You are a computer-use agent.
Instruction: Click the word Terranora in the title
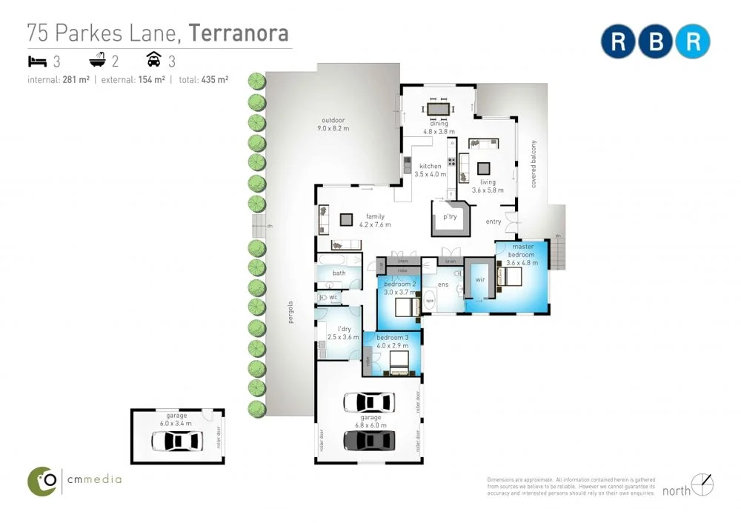tap(238, 33)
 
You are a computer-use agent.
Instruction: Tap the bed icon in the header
tap(37, 61)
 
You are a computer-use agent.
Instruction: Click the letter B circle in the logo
tap(655, 41)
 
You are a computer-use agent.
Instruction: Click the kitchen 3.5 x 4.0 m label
tap(432, 170)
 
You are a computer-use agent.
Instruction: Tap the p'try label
tap(450, 217)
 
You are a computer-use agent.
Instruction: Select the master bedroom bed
tap(509, 277)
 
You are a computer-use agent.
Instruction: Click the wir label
tap(479, 280)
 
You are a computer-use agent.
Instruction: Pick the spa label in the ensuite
tap(429, 302)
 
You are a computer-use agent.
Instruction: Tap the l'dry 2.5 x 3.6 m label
tap(343, 333)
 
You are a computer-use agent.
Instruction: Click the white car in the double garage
tap(368, 402)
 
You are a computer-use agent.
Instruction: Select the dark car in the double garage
tap(368, 440)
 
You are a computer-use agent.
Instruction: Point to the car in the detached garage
tap(176, 442)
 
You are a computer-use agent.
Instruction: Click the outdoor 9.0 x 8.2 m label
tap(333, 124)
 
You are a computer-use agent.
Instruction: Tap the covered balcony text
tap(533, 163)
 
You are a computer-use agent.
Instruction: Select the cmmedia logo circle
tap(43, 481)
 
